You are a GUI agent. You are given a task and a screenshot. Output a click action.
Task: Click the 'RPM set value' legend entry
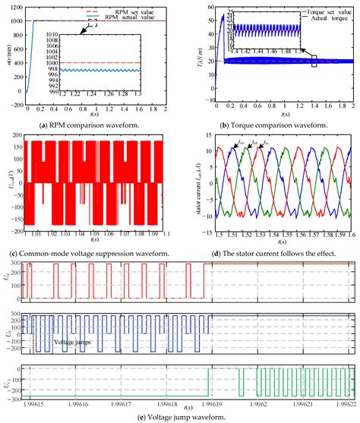point(127,8)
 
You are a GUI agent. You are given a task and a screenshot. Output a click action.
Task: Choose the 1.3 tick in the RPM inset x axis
point(162,95)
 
